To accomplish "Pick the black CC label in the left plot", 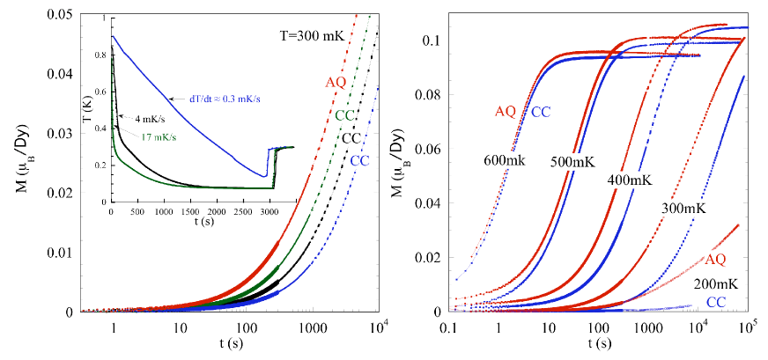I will [352, 138].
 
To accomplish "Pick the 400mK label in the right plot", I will [628, 180].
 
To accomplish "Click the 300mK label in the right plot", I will [682, 207].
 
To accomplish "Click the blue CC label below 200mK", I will [717, 302].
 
